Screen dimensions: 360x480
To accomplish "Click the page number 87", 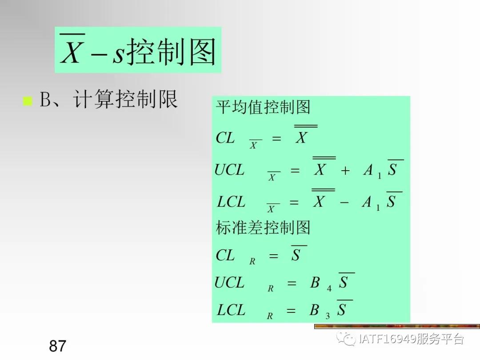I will (x=58, y=346).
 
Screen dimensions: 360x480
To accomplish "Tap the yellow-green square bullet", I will (x=28, y=101).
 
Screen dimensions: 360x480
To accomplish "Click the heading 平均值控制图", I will (x=263, y=108).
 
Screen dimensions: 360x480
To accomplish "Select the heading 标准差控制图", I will (x=263, y=228).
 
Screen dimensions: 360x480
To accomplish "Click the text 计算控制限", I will (x=126, y=100).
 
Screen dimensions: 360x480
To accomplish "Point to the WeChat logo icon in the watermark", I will (x=345, y=340).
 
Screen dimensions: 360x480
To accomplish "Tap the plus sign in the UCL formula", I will (x=345, y=171).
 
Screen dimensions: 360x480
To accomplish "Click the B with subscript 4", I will (x=315, y=283).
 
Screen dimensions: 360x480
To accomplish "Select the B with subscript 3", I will (x=315, y=310).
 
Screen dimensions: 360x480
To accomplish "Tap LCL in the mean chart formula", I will (x=231, y=202).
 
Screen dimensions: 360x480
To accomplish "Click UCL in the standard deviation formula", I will (x=229, y=283).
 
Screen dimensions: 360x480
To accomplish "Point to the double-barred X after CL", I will (x=301, y=137).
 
